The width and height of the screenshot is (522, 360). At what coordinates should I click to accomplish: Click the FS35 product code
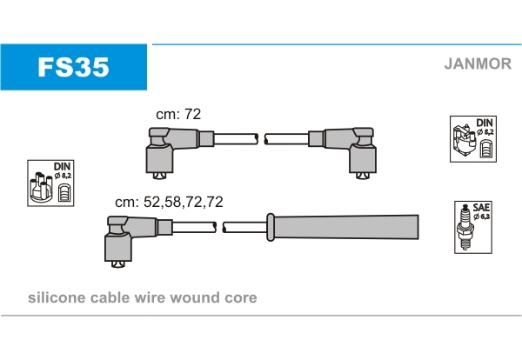point(72,68)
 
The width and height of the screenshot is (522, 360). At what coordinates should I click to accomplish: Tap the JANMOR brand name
point(478,63)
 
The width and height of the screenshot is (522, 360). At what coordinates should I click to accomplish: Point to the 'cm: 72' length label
point(177,115)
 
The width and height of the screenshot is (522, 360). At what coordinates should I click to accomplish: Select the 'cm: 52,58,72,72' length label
point(169,201)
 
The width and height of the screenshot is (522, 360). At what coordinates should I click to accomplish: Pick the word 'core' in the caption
point(240,298)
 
